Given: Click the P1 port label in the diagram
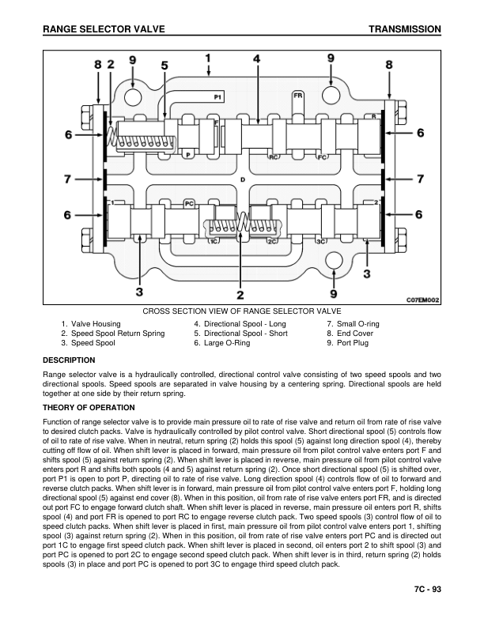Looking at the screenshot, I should (x=218, y=96).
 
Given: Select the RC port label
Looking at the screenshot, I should (x=274, y=156).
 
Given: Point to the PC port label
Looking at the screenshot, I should (x=189, y=203).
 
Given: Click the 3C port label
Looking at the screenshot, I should (x=321, y=240).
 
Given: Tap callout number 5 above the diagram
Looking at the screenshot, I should (x=164, y=65).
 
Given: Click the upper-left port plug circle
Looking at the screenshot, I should (x=134, y=96).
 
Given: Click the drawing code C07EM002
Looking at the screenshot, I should (x=422, y=300).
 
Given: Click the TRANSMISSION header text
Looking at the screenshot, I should (x=404, y=29).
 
